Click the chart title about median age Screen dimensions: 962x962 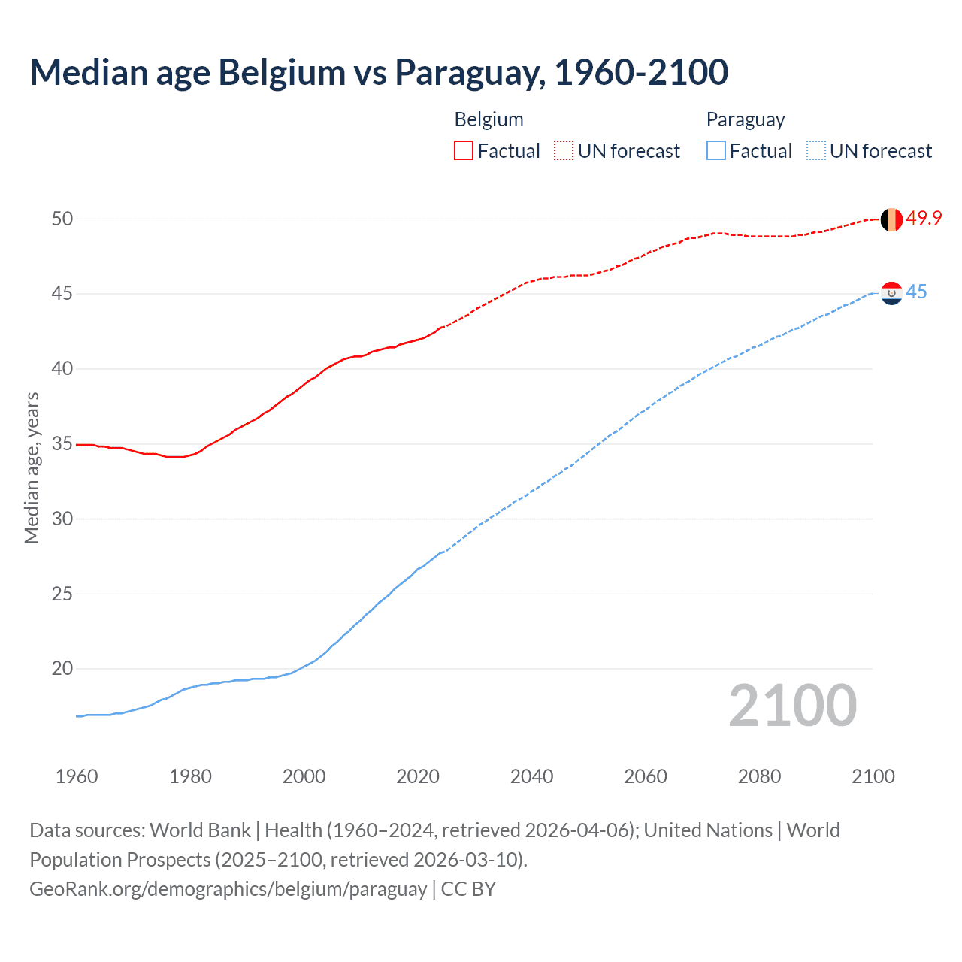(x=379, y=72)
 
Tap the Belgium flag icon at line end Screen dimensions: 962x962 (x=891, y=219)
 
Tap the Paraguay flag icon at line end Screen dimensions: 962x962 (x=891, y=293)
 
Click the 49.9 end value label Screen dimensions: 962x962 (x=924, y=218)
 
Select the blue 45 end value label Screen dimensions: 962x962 (x=916, y=292)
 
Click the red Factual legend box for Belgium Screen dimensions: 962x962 (x=464, y=151)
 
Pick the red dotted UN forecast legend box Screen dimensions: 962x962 (x=564, y=151)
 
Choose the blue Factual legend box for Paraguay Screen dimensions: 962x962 (x=716, y=151)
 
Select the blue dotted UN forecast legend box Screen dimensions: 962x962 (x=816, y=151)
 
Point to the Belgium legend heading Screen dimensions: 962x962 (x=489, y=119)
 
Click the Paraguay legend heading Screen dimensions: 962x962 (x=746, y=119)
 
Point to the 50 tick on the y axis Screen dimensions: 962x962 (x=62, y=219)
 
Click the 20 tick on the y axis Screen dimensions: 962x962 (x=62, y=668)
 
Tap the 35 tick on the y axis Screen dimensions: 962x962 (x=62, y=443)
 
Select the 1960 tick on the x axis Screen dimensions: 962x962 (x=77, y=776)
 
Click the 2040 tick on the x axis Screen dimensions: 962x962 (x=531, y=776)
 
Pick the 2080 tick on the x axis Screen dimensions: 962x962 (x=759, y=776)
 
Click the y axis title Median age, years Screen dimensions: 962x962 (x=32, y=467)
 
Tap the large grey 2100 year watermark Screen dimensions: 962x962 (x=793, y=705)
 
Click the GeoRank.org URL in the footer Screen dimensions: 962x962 (x=228, y=888)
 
